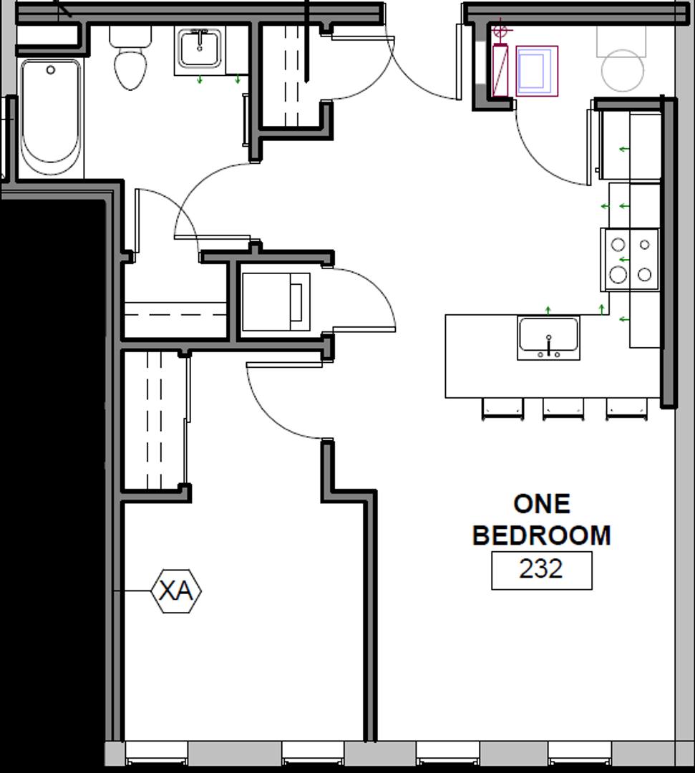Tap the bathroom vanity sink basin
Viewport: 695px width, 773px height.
(x=200, y=48)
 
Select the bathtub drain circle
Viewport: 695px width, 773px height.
(x=50, y=70)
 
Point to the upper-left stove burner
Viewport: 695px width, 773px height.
(x=618, y=245)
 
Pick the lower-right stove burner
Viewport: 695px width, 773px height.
(x=645, y=274)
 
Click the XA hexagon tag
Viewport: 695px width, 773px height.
(x=176, y=590)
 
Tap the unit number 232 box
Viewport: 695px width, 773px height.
(x=542, y=570)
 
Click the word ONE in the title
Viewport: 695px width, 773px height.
(x=542, y=505)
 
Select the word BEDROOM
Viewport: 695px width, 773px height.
(x=542, y=535)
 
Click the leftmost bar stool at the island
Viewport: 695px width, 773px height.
(x=502, y=409)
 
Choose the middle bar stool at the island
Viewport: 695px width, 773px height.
(x=563, y=409)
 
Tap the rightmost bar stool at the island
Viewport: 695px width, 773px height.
(x=626, y=409)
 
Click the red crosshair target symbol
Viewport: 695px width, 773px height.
(x=500, y=31)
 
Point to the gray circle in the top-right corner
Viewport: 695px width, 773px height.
(x=623, y=70)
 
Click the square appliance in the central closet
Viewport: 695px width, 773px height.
(x=276, y=302)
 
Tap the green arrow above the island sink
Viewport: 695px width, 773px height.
(x=548, y=310)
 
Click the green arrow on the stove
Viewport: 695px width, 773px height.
(x=625, y=259)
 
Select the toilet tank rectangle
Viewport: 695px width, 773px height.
(x=130, y=36)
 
